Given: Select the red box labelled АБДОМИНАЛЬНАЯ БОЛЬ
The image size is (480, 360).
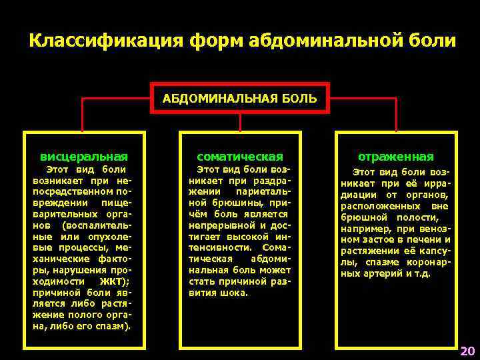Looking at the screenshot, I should coord(241,99).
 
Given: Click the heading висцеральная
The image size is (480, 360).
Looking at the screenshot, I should coord(84,157).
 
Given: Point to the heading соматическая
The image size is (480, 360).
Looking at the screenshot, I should coord(241,157).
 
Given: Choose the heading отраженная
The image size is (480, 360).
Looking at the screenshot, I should coord(396,157).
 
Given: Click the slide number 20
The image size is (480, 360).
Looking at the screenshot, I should coord(467,350).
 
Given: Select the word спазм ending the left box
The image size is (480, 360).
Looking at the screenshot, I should coord(117,327).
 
